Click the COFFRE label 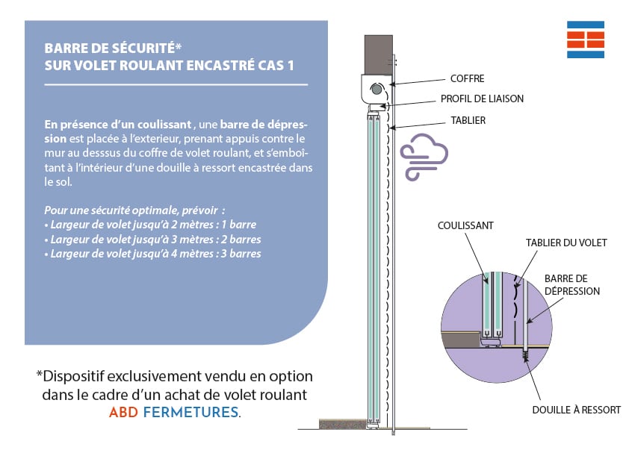[467, 78]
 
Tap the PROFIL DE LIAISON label [483, 99]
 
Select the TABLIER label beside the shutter [468, 119]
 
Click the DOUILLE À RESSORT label [576, 410]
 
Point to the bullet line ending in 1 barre [148, 225]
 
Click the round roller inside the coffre [375, 89]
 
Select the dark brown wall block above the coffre [379, 53]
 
